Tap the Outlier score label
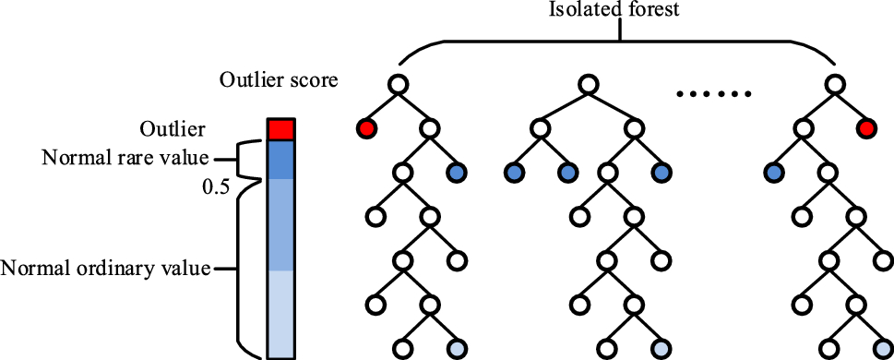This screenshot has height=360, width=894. pyautogui.click(x=279, y=80)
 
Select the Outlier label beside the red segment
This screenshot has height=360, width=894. pyautogui.click(x=173, y=127)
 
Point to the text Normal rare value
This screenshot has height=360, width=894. pyautogui.click(x=125, y=158)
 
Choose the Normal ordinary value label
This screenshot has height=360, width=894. pyautogui.click(x=105, y=269)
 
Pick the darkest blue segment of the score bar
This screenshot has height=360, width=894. pyautogui.click(x=280, y=159)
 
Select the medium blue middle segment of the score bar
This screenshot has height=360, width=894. pyautogui.click(x=280, y=224)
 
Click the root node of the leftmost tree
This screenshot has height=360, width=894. pyautogui.click(x=398, y=84)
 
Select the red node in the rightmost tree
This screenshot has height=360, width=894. pyautogui.click(x=865, y=128)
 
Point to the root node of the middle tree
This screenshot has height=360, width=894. pyautogui.click(x=587, y=84)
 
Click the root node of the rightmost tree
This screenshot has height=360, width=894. pyautogui.click(x=835, y=84)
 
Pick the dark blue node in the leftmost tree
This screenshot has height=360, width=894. pyautogui.click(x=456, y=173)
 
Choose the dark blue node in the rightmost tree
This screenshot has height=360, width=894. pyautogui.click(x=773, y=173)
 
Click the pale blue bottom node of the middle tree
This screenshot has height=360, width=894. pyautogui.click(x=662, y=349)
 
